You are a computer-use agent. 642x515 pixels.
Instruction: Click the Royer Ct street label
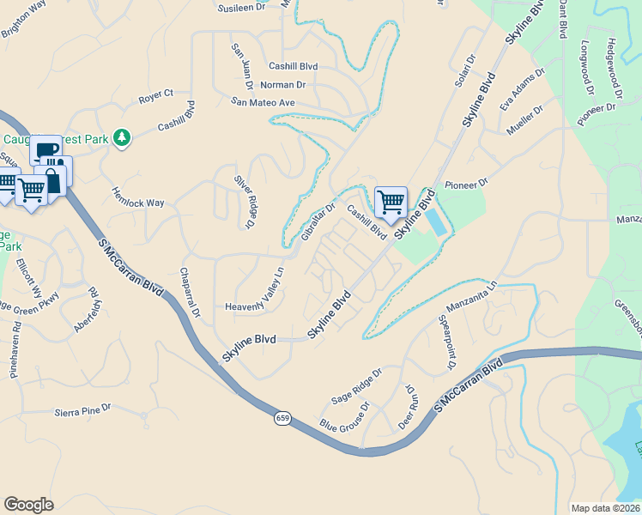pos(156,96)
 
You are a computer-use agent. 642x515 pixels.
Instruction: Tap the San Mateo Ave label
pos(262,102)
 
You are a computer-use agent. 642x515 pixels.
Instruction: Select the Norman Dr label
pos(282,85)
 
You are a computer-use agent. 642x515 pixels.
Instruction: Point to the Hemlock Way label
pos(137,197)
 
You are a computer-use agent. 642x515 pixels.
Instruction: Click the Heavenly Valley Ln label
pos(253,294)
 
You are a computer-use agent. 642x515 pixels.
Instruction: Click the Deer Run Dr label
pos(408,407)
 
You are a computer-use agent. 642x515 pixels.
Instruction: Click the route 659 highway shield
pos(282,418)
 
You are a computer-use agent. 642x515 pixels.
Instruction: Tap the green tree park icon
pos(123,136)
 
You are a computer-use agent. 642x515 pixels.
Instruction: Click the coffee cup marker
pos(45,151)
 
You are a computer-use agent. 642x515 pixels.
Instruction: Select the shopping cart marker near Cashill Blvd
pos(391,202)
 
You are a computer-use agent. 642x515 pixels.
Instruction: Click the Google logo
pos(28,505)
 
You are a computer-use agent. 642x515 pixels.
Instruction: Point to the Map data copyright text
pos(606,508)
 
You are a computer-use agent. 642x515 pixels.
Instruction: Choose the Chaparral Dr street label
pos(190,292)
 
